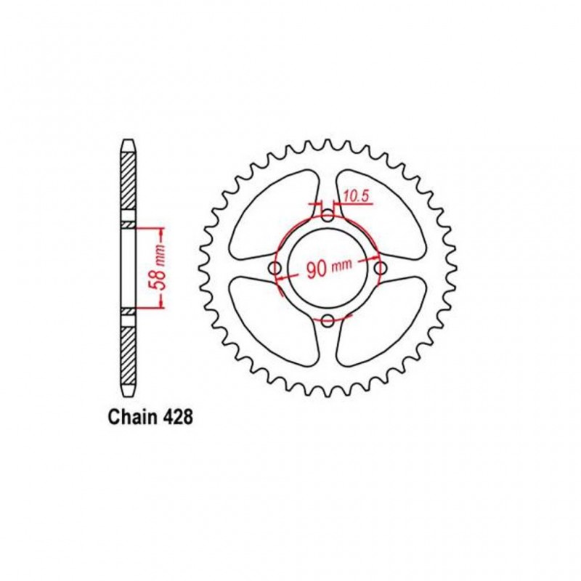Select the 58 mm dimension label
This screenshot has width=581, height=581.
[x=161, y=269]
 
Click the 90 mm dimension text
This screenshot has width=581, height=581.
[x=328, y=269]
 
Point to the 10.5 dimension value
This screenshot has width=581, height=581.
[x=356, y=195]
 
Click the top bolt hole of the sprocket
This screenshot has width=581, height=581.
[x=328, y=216]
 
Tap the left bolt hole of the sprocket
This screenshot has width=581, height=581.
[x=275, y=269]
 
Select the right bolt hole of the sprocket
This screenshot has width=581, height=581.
[x=380, y=269]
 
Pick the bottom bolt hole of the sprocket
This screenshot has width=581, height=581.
[x=328, y=322]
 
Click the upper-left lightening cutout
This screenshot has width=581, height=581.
[x=269, y=214]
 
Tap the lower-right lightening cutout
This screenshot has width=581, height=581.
[x=385, y=323]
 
